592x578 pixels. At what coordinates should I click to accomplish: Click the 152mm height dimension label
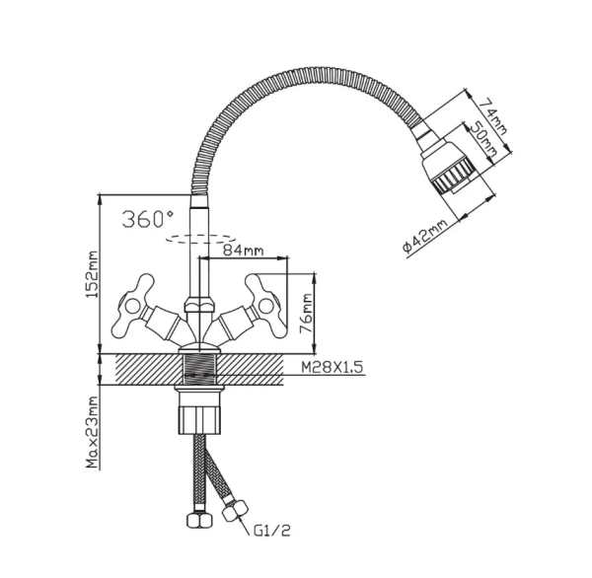click(x=93, y=274)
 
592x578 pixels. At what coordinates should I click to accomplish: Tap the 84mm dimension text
click(x=243, y=250)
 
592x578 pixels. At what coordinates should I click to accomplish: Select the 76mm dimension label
click(x=307, y=314)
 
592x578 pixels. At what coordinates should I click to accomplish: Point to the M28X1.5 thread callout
click(x=332, y=367)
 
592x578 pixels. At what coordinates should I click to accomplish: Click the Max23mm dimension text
click(x=93, y=433)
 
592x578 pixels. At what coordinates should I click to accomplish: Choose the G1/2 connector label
click(x=271, y=532)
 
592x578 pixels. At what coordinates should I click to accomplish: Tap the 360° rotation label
click(x=148, y=219)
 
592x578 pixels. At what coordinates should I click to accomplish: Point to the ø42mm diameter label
click(x=424, y=237)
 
